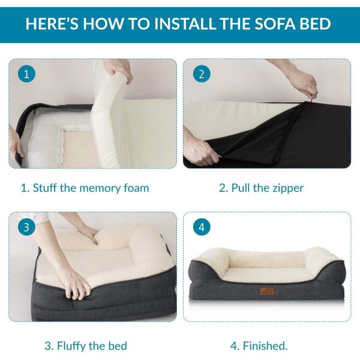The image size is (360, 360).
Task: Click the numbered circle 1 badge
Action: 24,75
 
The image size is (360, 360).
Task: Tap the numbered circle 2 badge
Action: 201,75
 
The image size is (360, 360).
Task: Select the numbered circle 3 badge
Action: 25,227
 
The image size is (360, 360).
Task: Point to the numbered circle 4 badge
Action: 202,227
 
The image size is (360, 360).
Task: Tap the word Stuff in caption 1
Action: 46,188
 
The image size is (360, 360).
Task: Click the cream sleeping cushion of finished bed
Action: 264,265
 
